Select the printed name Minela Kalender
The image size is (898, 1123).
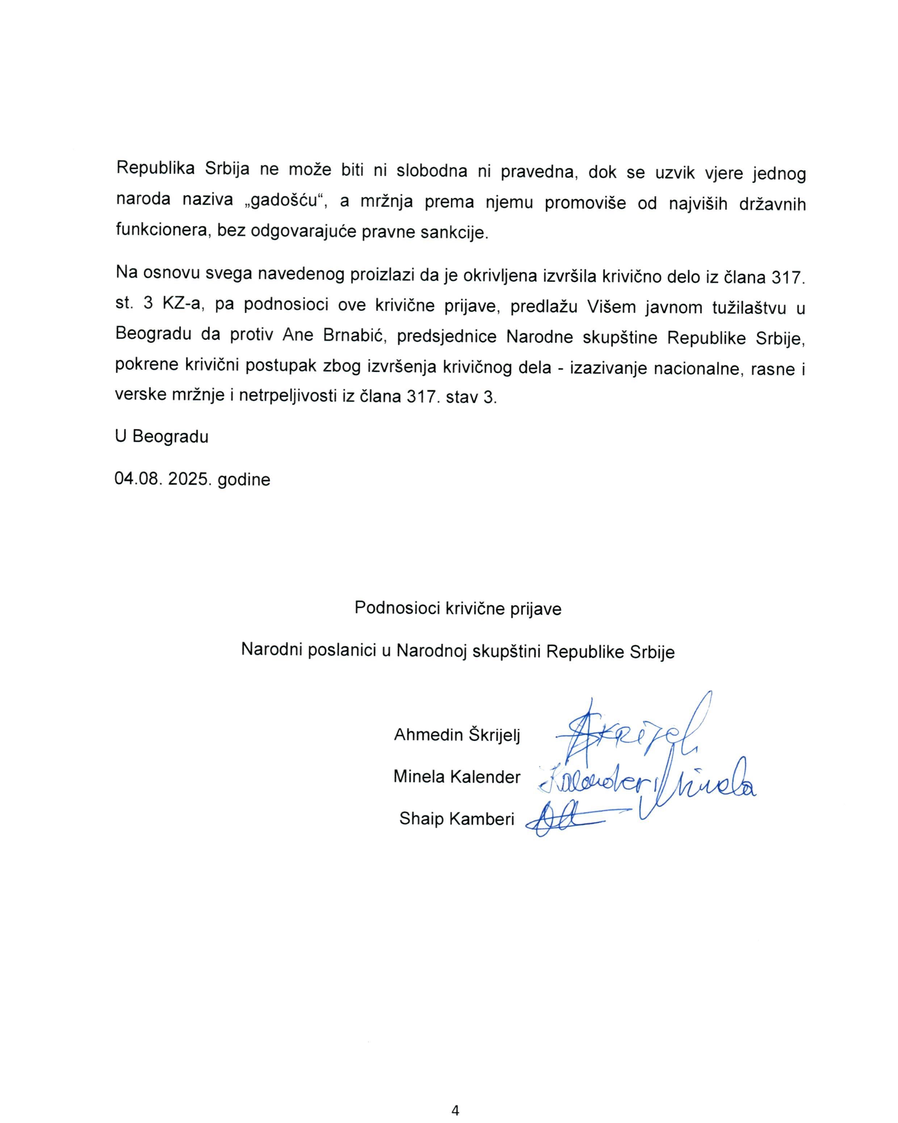coord(457,777)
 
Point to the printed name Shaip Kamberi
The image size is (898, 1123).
coord(457,819)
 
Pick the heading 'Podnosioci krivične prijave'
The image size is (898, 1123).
coord(458,608)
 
